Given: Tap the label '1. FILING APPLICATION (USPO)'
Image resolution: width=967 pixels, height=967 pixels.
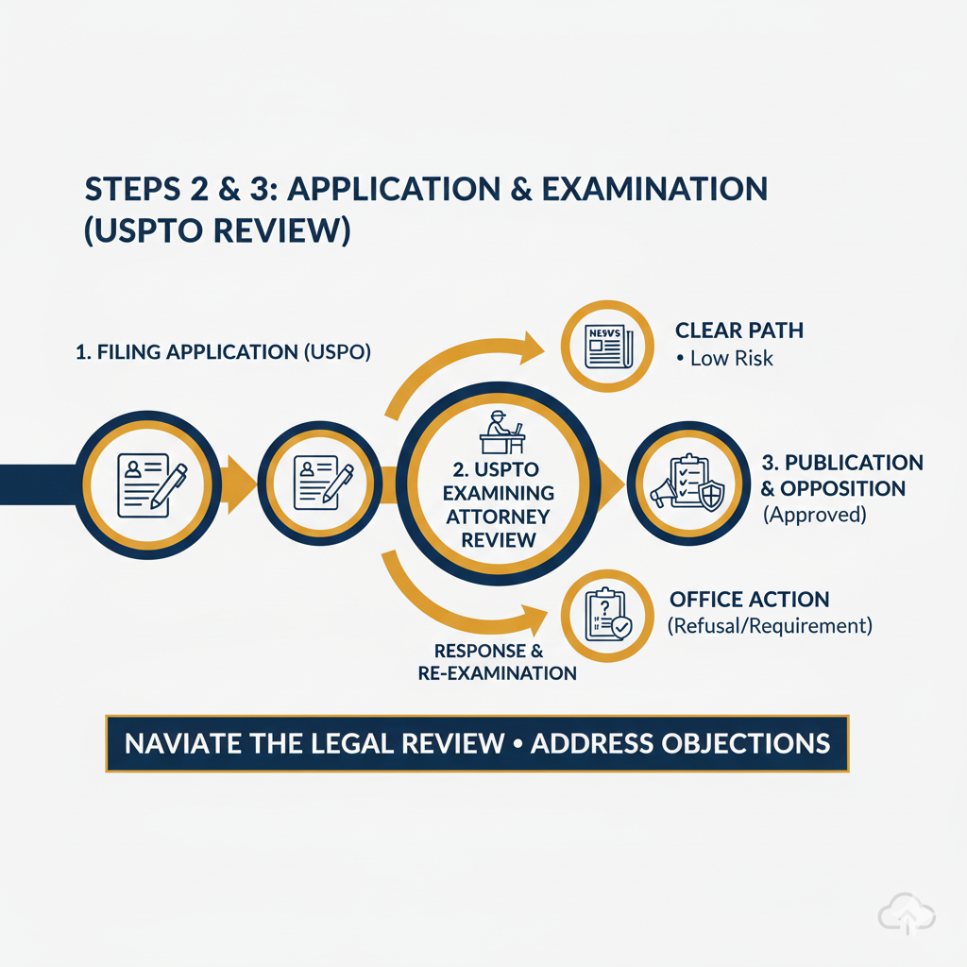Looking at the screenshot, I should click(223, 352).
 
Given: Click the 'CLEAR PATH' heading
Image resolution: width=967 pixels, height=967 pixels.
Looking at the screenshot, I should click(739, 331).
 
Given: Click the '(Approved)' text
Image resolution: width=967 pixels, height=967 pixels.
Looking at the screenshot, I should click(814, 517).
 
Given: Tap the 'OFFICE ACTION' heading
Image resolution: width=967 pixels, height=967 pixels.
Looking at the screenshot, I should click(749, 600).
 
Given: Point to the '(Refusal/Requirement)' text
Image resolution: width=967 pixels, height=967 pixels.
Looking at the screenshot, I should click(769, 626).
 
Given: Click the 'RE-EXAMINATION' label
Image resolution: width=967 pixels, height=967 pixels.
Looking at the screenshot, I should click(497, 673).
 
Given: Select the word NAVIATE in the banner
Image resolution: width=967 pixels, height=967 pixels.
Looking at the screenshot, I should click(184, 742).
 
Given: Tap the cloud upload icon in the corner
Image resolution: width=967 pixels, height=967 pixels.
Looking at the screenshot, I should click(906, 913).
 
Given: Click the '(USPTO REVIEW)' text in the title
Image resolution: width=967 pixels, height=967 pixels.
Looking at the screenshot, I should click(218, 231).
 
